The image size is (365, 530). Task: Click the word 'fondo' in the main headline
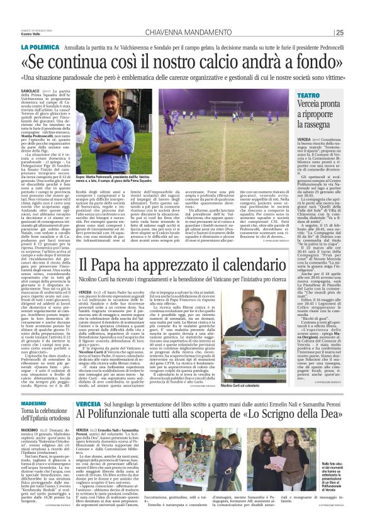311,63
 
